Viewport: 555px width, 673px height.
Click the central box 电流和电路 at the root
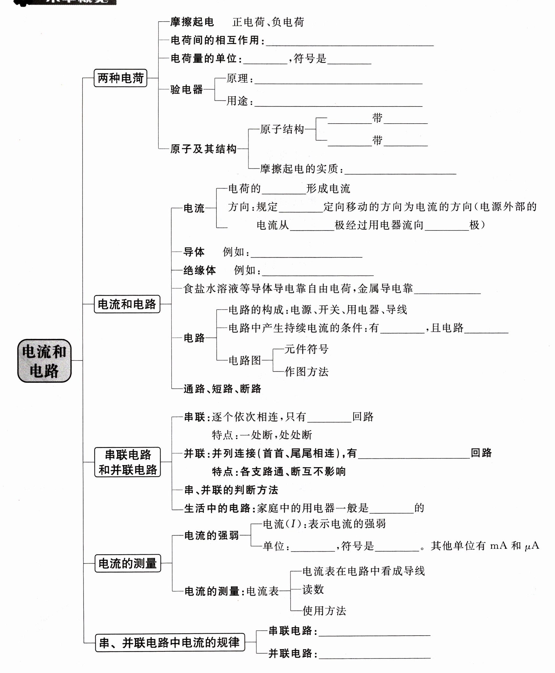pyautogui.click(x=44, y=361)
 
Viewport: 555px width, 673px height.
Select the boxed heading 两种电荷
pyautogui.click(x=120, y=78)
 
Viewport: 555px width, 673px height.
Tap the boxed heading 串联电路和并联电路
pyautogui.click(x=128, y=462)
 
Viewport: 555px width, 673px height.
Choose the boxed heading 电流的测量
pyautogui.click(x=128, y=563)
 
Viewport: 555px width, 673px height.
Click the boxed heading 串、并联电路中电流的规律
pyautogui.click(x=170, y=642)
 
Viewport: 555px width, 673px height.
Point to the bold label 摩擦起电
pyautogui.click(x=192, y=22)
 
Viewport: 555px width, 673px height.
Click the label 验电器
pyautogui.click(x=187, y=89)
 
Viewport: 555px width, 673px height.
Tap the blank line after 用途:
pyautogui.click(x=338, y=103)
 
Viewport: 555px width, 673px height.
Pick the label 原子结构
pyautogui.click(x=282, y=129)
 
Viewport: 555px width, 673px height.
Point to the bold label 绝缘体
pyautogui.click(x=200, y=270)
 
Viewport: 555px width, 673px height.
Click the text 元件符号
pyautogui.click(x=306, y=349)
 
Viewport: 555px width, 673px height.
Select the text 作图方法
pyautogui.click(x=306, y=372)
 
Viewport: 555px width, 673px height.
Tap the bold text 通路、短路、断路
pyautogui.click(x=222, y=389)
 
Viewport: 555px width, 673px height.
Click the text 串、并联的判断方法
pyautogui.click(x=231, y=490)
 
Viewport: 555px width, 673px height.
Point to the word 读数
pyautogui.click(x=313, y=590)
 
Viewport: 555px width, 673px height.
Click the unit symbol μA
pyautogui.click(x=532, y=546)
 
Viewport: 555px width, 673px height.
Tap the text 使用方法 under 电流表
pyautogui.click(x=324, y=611)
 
